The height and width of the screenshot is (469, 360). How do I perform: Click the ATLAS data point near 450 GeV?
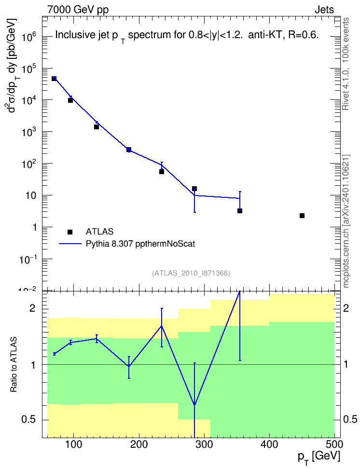click(302, 216)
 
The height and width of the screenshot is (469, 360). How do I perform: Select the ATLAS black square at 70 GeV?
click(54, 78)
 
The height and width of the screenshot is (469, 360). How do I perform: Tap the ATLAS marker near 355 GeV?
click(240, 211)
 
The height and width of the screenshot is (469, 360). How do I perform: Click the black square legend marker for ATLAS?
click(70, 232)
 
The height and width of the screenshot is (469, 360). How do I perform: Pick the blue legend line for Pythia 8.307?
click(70, 244)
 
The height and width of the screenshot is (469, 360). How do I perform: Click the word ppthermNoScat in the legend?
click(165, 244)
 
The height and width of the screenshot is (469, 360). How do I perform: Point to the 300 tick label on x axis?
click(205, 445)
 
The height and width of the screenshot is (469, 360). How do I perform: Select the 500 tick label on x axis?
click(334, 445)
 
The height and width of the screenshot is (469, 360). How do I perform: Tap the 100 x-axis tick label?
click(74, 445)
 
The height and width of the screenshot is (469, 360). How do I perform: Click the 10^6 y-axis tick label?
click(29, 37)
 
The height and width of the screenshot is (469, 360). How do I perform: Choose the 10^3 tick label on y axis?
click(29, 132)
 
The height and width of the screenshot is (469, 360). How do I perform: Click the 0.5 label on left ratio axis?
click(28, 420)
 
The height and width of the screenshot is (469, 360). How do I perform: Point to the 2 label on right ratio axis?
click(346, 308)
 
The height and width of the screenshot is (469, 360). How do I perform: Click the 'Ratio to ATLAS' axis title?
click(14, 365)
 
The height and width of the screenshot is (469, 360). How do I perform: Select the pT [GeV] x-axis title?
click(318, 457)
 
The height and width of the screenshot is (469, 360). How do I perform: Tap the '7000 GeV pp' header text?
click(78, 10)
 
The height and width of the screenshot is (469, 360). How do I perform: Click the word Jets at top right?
click(324, 10)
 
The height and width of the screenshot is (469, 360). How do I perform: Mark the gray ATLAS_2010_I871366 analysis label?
click(191, 273)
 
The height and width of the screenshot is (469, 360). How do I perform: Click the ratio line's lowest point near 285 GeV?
click(194, 405)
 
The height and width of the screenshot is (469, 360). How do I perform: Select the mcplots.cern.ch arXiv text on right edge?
click(346, 221)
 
